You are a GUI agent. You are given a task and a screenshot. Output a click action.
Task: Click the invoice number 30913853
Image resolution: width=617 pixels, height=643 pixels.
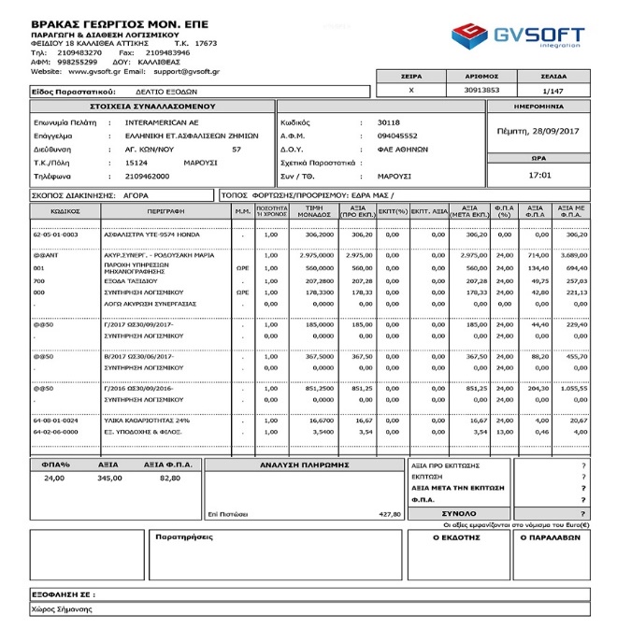pyautogui.click(x=481, y=90)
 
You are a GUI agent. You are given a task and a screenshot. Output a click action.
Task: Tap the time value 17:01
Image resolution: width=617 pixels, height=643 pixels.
pyautogui.click(x=538, y=175)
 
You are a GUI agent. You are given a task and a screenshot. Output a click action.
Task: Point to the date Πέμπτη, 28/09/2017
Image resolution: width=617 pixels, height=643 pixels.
pyautogui.click(x=538, y=131)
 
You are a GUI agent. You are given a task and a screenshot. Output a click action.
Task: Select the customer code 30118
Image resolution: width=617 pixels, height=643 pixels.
pyautogui.click(x=388, y=121)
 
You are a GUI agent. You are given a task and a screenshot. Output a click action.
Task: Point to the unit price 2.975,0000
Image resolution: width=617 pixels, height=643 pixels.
pyautogui.click(x=318, y=254)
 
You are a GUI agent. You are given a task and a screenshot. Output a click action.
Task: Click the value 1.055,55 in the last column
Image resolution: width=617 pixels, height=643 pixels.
pyautogui.click(x=573, y=387)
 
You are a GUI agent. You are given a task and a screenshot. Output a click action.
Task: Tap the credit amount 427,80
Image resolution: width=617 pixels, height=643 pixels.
pyautogui.click(x=389, y=513)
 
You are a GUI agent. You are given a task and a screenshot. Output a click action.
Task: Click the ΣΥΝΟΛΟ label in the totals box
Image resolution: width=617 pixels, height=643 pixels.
pyautogui.click(x=458, y=513)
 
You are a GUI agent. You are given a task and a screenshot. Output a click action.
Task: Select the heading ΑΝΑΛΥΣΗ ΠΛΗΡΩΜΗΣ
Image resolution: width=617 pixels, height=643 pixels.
pyautogui.click(x=304, y=464)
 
